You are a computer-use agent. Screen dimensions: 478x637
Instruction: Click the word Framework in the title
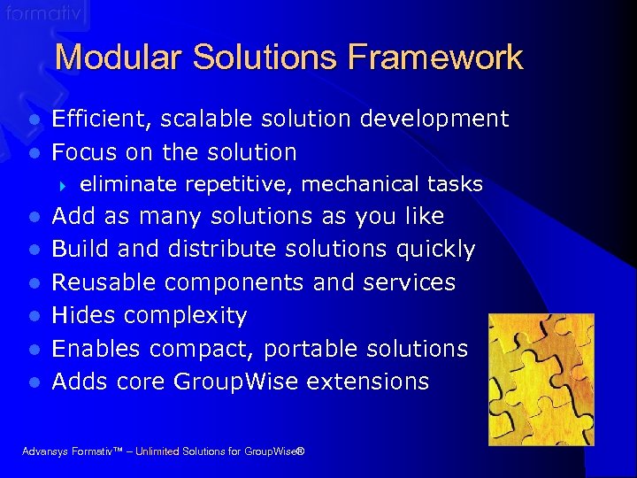coord(435,58)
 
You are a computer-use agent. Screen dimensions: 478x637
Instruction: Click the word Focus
coord(85,152)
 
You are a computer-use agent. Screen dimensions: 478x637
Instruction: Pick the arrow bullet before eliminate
coord(63,185)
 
